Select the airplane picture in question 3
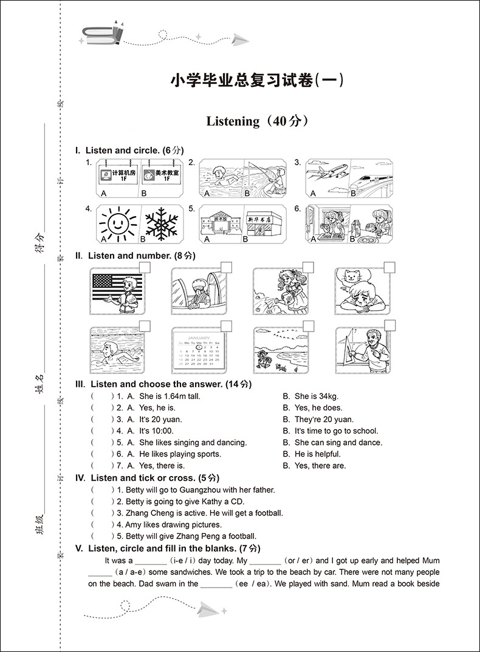(x=328, y=176)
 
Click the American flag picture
(x=115, y=291)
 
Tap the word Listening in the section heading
(x=233, y=121)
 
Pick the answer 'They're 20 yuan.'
(x=324, y=419)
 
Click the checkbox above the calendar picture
(x=227, y=327)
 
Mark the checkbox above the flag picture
(x=145, y=268)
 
